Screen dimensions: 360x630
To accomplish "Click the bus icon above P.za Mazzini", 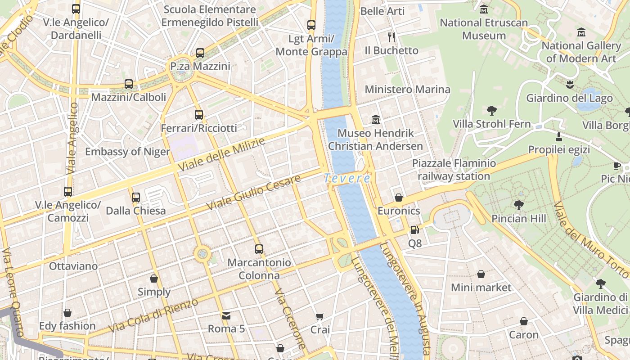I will [200, 53].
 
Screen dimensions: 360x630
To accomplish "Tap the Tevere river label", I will [347, 179].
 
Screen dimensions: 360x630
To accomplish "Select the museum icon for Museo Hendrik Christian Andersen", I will [376, 120].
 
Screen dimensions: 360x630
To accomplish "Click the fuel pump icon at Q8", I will [414, 230].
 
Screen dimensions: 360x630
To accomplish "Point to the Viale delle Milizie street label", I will [221, 155].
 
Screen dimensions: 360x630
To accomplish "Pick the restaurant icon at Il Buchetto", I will [391, 37].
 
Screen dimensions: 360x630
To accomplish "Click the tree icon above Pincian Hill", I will [518, 205].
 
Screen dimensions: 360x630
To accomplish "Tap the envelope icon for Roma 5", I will [226, 315].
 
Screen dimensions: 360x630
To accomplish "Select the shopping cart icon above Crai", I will [319, 317].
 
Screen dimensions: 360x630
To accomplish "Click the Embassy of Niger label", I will [127, 152].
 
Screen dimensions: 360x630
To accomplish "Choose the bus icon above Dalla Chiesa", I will [135, 197].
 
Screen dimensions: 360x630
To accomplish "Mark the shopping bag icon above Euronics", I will [398, 198].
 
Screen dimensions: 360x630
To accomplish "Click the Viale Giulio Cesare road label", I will [254, 193].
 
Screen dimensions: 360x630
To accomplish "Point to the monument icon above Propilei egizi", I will [559, 136].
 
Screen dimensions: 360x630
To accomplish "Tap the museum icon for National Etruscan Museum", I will [484, 9].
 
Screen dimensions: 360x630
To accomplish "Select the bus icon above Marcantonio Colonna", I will [259, 249].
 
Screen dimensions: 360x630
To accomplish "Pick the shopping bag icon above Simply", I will [154, 279].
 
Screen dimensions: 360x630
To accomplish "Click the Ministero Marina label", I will [407, 90].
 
